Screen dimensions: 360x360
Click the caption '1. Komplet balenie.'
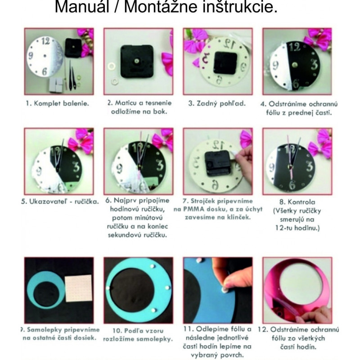coord(57,103)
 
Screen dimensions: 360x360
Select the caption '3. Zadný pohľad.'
coord(217,103)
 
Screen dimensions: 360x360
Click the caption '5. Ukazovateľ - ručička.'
coord(59,201)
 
